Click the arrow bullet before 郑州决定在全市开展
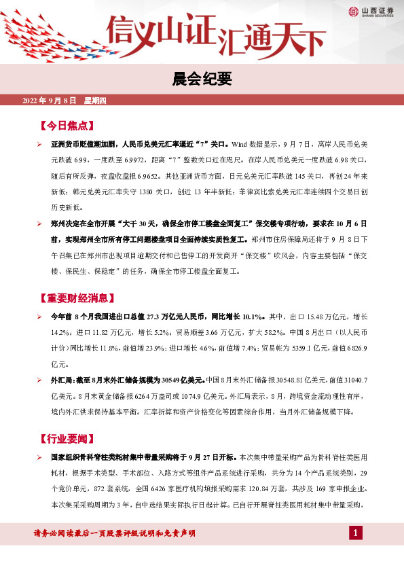[x=39, y=223]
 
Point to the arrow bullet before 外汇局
[x=39, y=380]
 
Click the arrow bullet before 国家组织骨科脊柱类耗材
[x=39, y=457]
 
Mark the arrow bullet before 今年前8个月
[x=39, y=317]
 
